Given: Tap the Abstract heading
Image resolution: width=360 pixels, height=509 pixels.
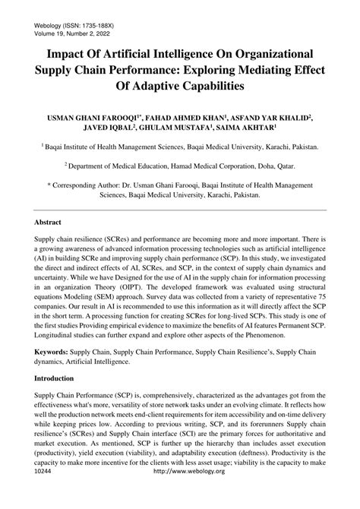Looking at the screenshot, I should [x=49, y=226].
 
